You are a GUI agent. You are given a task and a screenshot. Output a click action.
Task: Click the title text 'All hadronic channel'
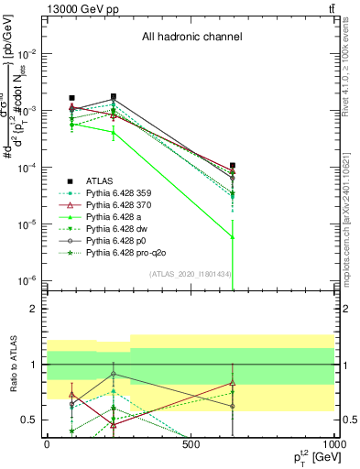(191, 38)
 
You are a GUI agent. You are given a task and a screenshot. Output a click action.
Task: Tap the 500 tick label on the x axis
(191, 444)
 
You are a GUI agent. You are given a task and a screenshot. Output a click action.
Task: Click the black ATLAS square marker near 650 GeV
(233, 166)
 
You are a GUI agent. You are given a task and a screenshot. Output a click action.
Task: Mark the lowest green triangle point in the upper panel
(233, 237)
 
